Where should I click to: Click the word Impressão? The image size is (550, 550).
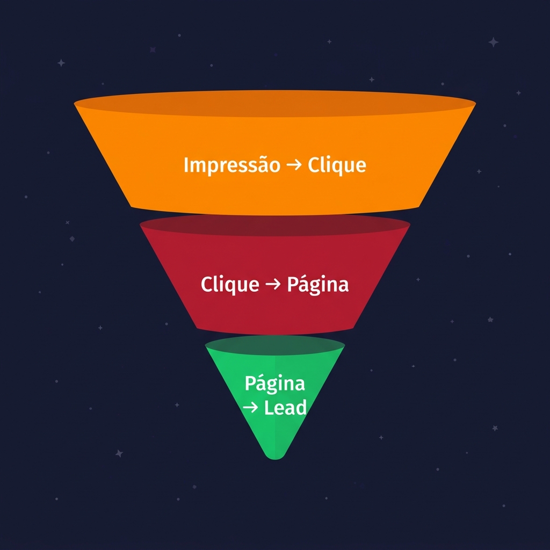[x=231, y=165]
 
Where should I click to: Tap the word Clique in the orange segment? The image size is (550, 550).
[x=337, y=165]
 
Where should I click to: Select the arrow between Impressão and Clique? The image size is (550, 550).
[x=294, y=165]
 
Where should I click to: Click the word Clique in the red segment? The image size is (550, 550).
[x=229, y=284]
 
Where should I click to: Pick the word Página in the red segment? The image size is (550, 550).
[x=317, y=285]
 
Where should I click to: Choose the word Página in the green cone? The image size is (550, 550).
[x=274, y=384]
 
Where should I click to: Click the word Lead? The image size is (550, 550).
[x=285, y=408]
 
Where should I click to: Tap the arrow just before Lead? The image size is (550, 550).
[x=250, y=408]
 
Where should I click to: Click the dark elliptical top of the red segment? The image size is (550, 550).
[x=274, y=226]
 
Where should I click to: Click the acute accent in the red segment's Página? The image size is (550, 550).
[x=302, y=277]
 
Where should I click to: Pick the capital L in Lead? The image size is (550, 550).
[x=269, y=408]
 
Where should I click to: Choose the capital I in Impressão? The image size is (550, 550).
[x=186, y=164]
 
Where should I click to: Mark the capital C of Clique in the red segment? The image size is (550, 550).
[x=206, y=284]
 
